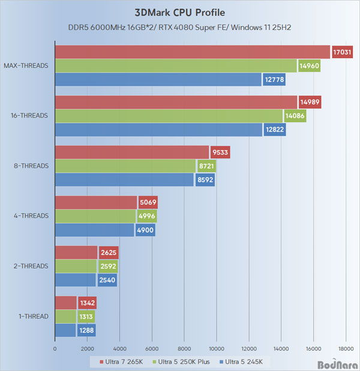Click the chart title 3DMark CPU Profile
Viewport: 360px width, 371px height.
coord(179,12)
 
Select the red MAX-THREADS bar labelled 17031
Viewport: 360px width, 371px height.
coord(192,52)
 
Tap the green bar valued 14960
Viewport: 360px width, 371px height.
coord(175,65)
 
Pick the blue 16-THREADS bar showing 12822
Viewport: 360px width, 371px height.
coord(158,129)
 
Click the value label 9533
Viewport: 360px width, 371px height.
coord(220,152)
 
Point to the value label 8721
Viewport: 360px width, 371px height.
coord(207,165)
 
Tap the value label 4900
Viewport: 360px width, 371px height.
coord(145,229)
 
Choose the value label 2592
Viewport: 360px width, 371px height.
coord(108,266)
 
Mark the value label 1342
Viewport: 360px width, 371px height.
coord(88,303)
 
